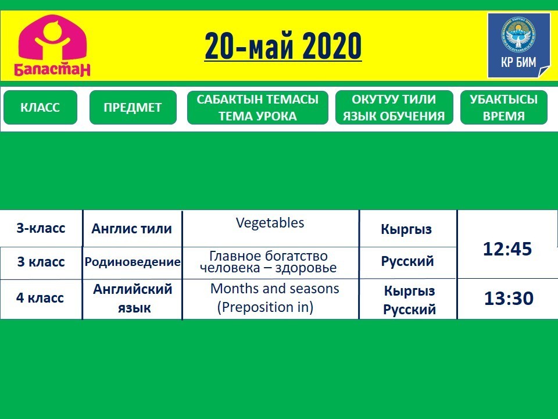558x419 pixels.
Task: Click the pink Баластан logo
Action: click(x=52, y=45)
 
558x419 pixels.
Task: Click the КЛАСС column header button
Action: click(x=40, y=107)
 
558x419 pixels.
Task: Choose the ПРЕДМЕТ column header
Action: click(x=133, y=107)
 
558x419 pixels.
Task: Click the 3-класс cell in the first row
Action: click(x=41, y=228)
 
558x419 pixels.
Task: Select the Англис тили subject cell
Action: click(x=132, y=229)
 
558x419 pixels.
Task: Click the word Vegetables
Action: click(x=270, y=223)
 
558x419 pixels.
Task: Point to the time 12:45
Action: click(x=507, y=248)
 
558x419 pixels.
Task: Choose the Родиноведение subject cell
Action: click(x=133, y=262)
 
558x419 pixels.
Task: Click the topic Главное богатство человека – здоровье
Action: click(x=269, y=261)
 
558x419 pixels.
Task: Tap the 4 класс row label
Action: click(x=40, y=297)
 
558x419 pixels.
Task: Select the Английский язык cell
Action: click(x=133, y=298)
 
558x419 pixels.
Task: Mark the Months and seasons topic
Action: click(x=275, y=289)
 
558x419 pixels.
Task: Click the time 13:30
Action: click(x=509, y=298)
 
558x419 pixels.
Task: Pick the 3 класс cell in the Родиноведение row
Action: click(x=41, y=262)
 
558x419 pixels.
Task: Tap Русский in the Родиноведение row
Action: click(x=407, y=261)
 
